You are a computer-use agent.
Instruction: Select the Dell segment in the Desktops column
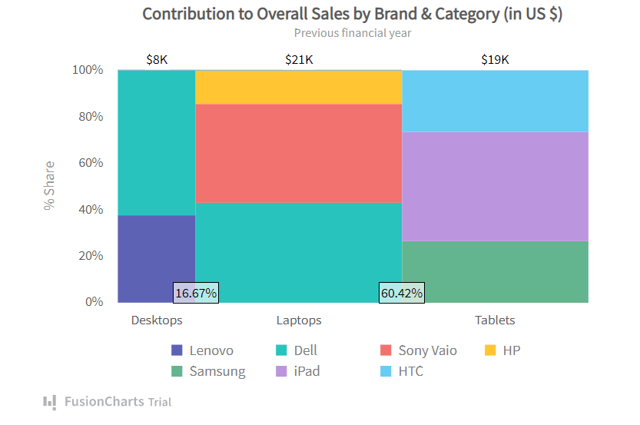(156, 142)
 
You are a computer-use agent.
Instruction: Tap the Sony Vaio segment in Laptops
(299, 153)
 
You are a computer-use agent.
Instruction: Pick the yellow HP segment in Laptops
(299, 87)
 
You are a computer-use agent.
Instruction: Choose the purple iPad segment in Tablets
(495, 186)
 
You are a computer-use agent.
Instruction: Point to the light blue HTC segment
(495, 101)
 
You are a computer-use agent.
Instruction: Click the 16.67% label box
(197, 293)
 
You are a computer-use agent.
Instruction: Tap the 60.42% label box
(401, 293)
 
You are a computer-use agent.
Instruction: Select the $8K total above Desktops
(157, 59)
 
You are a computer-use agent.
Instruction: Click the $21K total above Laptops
(299, 59)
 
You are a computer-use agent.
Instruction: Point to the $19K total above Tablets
(495, 59)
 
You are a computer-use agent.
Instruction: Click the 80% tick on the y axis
(88, 117)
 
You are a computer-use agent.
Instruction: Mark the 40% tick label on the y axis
(88, 210)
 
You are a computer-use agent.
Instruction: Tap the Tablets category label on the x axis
(495, 320)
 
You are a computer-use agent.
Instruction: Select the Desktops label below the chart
(157, 320)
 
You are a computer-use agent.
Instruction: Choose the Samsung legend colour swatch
(177, 372)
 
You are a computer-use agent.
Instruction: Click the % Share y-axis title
(50, 185)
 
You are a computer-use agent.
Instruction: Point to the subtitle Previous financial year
(353, 33)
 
